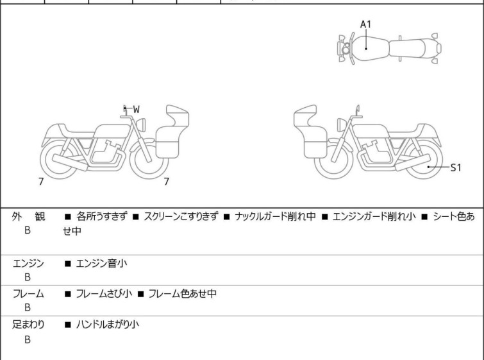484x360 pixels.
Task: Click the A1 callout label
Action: tap(365, 24)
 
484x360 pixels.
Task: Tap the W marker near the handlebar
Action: tap(136, 109)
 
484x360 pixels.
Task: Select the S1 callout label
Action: tap(456, 167)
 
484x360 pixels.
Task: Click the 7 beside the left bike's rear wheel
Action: tap(41, 182)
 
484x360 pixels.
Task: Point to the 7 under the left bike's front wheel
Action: tap(167, 182)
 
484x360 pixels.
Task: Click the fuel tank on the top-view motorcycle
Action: tap(369, 49)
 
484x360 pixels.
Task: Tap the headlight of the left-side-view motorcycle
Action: tap(141, 125)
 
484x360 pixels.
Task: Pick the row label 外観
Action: tap(28, 217)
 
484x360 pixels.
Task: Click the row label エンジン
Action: tap(28, 264)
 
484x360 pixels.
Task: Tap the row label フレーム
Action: tap(28, 294)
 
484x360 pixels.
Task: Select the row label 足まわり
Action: tap(28, 325)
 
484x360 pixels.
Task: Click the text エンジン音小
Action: tap(101, 264)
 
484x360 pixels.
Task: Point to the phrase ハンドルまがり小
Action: tap(108, 325)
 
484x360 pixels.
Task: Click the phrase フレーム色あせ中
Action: tap(183, 293)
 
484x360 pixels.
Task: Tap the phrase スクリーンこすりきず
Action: tap(181, 216)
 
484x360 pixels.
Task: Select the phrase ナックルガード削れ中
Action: tap(276, 216)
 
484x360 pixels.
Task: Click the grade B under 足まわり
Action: tap(28, 339)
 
